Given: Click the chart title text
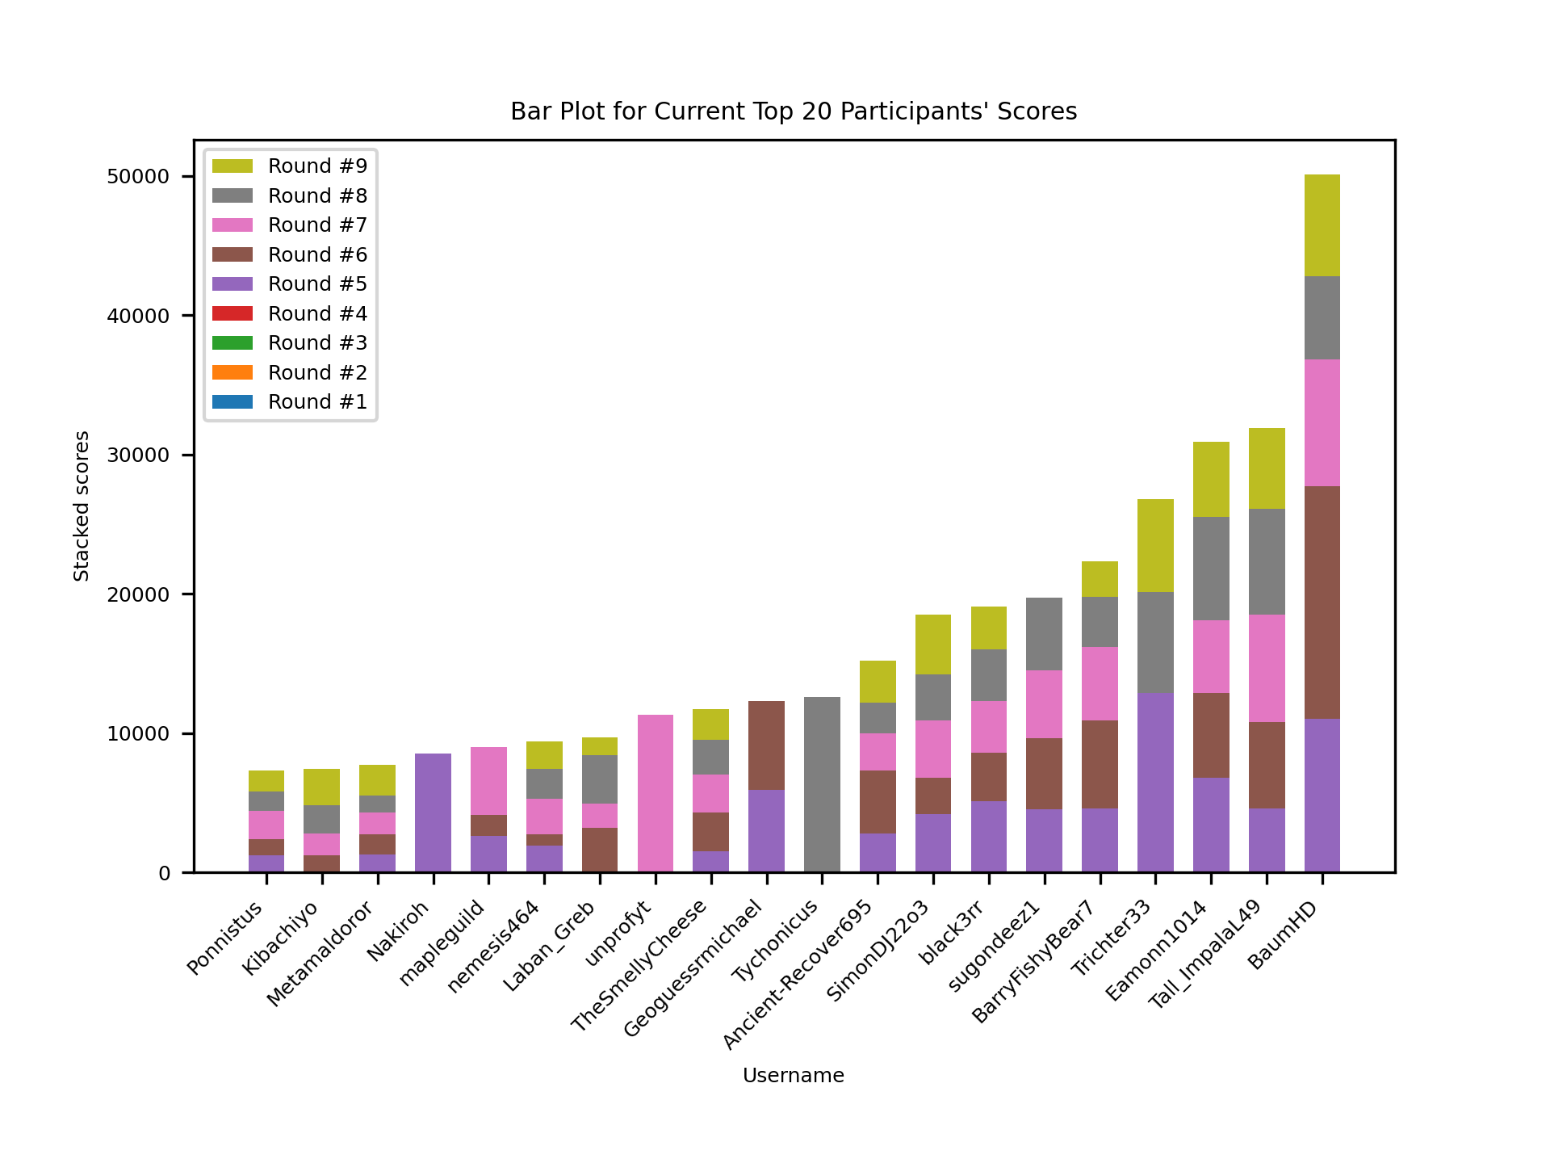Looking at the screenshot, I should (793, 111).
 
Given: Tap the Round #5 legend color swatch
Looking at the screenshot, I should (232, 284).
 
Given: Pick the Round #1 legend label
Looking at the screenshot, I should (317, 402).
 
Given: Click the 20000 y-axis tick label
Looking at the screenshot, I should (138, 594).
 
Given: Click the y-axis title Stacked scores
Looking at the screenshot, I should (82, 506).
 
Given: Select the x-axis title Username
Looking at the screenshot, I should (793, 1076).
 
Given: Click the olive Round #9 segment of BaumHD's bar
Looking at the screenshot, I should (1322, 225).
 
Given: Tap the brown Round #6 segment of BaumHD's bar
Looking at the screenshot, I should (1322, 602).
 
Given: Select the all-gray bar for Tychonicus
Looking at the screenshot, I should (822, 783).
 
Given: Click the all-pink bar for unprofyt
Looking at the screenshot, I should (655, 793).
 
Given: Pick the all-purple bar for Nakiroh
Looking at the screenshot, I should (433, 812).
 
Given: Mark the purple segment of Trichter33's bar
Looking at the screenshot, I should (1155, 782).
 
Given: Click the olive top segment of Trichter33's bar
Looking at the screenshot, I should (1155, 545).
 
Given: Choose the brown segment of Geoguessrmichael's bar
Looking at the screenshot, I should (766, 745).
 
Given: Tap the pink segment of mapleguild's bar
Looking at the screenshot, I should (488, 780).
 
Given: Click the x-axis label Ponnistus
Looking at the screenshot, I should (226, 937).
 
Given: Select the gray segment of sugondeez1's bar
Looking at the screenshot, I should (1044, 633).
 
